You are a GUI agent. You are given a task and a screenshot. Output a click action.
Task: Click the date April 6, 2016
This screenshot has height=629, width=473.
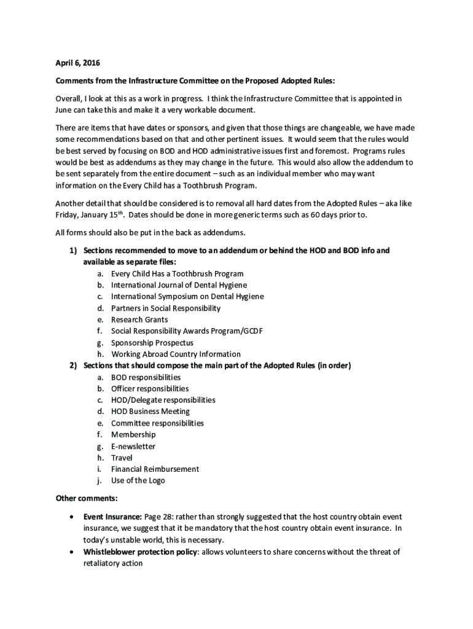[x=77, y=63]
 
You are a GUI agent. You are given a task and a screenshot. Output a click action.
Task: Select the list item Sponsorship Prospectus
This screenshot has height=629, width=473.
[x=152, y=343]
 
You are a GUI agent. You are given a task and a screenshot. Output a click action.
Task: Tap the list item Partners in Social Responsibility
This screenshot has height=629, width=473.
[x=165, y=308]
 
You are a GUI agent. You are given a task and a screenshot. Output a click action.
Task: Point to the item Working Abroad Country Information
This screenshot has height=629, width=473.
[x=176, y=354]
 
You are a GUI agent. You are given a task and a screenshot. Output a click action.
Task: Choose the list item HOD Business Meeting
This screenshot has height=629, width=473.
[x=150, y=412]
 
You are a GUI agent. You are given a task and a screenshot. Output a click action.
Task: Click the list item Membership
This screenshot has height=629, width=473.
[x=133, y=435]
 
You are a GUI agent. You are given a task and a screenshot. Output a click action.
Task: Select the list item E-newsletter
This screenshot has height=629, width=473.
[x=133, y=447]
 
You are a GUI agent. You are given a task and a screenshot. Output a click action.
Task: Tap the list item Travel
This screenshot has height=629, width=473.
[x=122, y=458]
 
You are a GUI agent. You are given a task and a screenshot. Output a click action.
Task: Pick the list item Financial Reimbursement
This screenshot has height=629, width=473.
[x=155, y=469]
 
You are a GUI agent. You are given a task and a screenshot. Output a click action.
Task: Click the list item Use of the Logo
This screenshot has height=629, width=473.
[x=138, y=480]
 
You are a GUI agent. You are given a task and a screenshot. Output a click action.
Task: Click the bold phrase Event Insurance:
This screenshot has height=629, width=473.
[x=113, y=517]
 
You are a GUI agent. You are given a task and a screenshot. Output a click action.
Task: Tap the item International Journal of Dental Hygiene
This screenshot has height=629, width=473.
[x=179, y=285]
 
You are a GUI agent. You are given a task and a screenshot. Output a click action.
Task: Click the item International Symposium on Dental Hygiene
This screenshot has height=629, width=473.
[x=187, y=297]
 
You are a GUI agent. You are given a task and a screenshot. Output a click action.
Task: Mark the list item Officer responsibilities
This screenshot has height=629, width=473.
[x=150, y=389]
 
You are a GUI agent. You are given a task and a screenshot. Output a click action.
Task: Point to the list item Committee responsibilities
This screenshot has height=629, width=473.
[x=157, y=423]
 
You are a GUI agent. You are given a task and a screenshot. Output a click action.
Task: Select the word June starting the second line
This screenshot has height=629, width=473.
[x=65, y=109]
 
